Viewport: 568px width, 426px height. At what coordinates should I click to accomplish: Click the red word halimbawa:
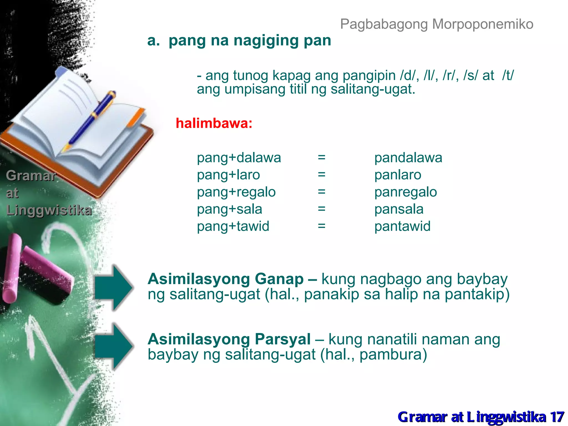coord(214,123)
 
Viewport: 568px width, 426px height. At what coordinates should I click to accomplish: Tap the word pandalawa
coord(408,158)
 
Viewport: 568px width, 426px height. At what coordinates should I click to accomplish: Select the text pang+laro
coord(228,175)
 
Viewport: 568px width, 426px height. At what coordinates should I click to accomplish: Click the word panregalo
coord(405,192)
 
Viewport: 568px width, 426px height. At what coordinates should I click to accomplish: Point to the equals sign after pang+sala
coord(321,209)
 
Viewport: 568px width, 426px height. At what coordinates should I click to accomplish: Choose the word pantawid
coord(402,226)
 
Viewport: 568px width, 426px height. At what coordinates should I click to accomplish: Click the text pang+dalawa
coord(239,158)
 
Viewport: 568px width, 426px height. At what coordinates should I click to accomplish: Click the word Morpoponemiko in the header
coord(483,24)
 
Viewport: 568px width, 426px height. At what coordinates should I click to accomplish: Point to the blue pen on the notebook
coord(92,119)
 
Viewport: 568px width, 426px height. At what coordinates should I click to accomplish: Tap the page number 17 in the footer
coord(557,417)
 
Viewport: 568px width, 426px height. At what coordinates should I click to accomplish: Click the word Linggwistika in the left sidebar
coord(49,210)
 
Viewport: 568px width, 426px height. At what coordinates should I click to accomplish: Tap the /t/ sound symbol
coord(508,75)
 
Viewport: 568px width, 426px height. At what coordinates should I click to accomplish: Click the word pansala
coord(399,209)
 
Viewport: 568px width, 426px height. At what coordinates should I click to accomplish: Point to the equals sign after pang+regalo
coord(321,192)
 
